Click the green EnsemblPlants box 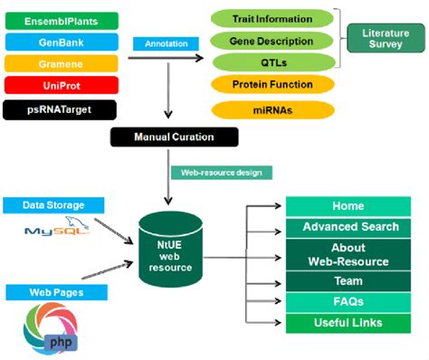[x=61, y=19]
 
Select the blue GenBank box [x=61, y=42]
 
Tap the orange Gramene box [x=61, y=64]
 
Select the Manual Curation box [x=175, y=137]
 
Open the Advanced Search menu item [x=348, y=227]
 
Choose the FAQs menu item [x=348, y=302]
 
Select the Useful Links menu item [x=348, y=323]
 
